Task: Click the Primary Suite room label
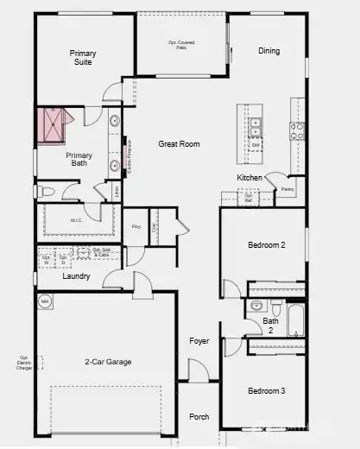coord(83,58)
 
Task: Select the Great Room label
coord(179,144)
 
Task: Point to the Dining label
coord(268,51)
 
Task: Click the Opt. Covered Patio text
coord(182,44)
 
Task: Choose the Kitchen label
coord(249,178)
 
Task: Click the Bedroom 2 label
coord(266,245)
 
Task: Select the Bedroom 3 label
coord(266,390)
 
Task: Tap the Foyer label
coord(199,341)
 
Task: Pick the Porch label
coord(199,416)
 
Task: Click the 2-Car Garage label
coord(108,362)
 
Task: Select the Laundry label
coord(77,277)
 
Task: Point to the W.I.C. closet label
coord(77,220)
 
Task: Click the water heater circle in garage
coord(45,301)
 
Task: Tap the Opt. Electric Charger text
coord(25,363)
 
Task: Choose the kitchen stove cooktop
coord(296,130)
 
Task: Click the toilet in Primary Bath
coord(47,191)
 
